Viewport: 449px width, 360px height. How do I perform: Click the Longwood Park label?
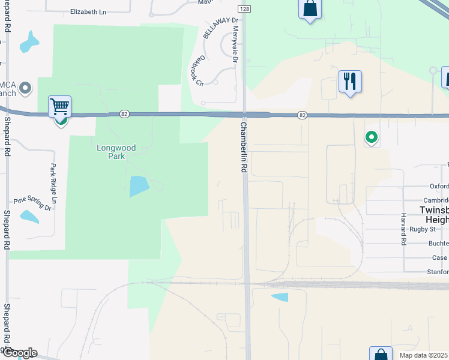click(116, 152)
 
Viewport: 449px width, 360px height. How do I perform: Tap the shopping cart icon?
click(59, 107)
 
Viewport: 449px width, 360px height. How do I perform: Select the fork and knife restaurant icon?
click(350, 81)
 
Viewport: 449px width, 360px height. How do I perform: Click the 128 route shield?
click(244, 10)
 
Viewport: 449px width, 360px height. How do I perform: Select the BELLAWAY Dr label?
click(221, 28)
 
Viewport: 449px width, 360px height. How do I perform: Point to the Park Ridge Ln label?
click(53, 183)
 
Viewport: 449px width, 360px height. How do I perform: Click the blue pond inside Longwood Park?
click(139, 187)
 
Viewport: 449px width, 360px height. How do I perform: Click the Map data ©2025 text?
click(423, 355)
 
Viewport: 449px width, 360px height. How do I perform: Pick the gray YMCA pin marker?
click(25, 89)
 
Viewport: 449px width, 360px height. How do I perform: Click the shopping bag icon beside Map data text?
click(381, 355)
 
